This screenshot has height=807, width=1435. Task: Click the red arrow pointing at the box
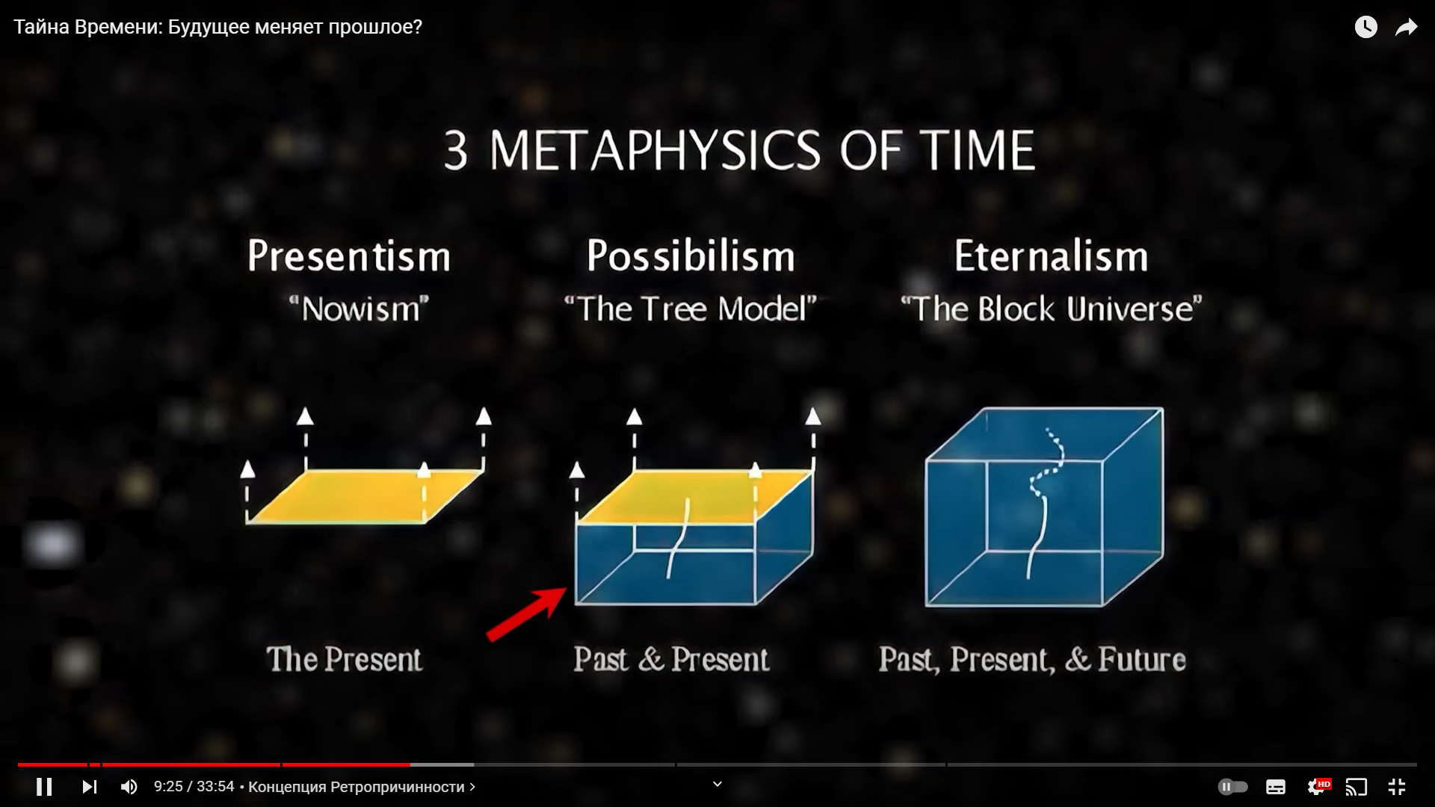pyautogui.click(x=527, y=614)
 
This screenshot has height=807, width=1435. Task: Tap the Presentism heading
pyautogui.click(x=349, y=256)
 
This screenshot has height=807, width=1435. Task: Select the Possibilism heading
pyautogui.click(x=691, y=256)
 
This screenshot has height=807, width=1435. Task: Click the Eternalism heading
pyautogui.click(x=1051, y=256)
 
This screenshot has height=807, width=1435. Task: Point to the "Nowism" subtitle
pyautogui.click(x=359, y=309)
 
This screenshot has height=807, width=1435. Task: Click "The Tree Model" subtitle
pyautogui.click(x=691, y=309)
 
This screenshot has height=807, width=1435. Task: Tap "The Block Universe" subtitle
pyautogui.click(x=1051, y=309)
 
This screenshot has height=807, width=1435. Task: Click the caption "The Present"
pyautogui.click(x=345, y=660)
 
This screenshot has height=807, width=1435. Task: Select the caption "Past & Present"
pyautogui.click(x=671, y=660)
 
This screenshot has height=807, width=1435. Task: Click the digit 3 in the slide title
pyautogui.click(x=456, y=151)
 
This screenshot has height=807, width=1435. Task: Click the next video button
pyautogui.click(x=90, y=787)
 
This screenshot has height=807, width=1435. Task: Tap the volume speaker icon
pyautogui.click(x=129, y=787)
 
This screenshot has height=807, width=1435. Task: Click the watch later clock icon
pyautogui.click(x=1366, y=28)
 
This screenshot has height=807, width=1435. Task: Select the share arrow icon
pyautogui.click(x=1407, y=28)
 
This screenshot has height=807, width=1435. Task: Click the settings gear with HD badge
pyautogui.click(x=1318, y=786)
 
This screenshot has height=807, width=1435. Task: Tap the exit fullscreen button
pyautogui.click(x=1397, y=787)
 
